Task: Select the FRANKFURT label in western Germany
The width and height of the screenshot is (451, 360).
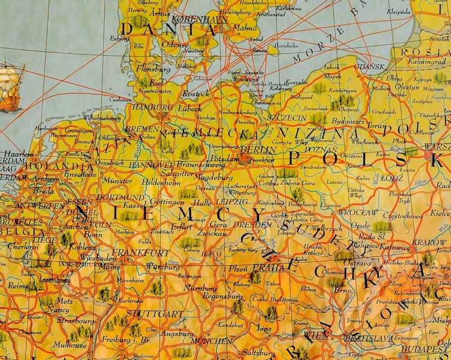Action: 149,252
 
